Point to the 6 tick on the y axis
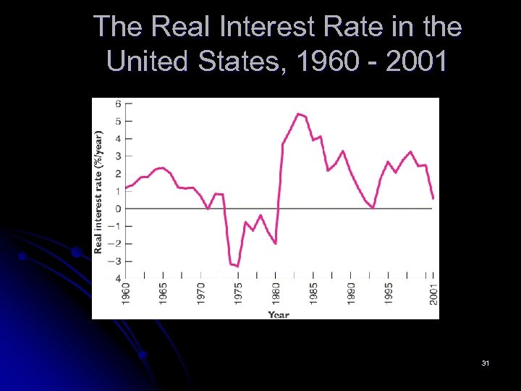point(119,104)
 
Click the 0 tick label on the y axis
point(119,209)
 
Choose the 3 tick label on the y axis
point(119,156)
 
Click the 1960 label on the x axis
point(126,293)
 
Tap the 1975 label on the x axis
point(238,293)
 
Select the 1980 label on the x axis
point(276,293)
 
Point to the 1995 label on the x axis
point(389,293)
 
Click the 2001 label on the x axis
point(433,293)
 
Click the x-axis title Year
point(279,314)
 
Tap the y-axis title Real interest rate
point(98,191)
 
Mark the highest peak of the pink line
point(298,114)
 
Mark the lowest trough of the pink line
point(237,266)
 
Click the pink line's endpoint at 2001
point(433,198)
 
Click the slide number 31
point(485,363)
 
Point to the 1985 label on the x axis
point(313,293)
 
